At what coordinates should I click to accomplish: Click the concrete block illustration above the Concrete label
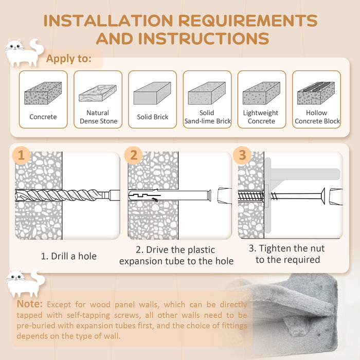point(43,93)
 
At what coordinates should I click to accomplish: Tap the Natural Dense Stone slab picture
point(98,93)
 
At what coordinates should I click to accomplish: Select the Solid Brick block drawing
point(152,93)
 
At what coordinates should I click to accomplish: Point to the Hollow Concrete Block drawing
point(316,93)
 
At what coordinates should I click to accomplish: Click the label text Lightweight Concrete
point(261,117)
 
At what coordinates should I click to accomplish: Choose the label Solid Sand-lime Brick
point(207,117)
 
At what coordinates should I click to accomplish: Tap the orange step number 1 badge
point(21,155)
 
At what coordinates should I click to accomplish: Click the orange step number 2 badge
point(134,155)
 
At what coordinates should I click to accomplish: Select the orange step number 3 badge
point(242,155)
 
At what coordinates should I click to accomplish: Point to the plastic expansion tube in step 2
point(170,195)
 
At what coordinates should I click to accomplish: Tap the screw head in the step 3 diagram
point(323,196)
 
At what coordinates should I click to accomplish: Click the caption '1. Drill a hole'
point(68,256)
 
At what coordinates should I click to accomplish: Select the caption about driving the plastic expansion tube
point(176,255)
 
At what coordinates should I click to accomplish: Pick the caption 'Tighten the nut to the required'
point(287,254)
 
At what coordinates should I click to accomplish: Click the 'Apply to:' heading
point(68,59)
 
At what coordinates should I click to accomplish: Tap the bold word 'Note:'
point(30,304)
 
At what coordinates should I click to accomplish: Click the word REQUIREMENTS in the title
point(248,21)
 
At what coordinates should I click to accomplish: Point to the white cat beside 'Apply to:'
point(24,53)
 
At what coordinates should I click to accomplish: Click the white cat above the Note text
point(26,283)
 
